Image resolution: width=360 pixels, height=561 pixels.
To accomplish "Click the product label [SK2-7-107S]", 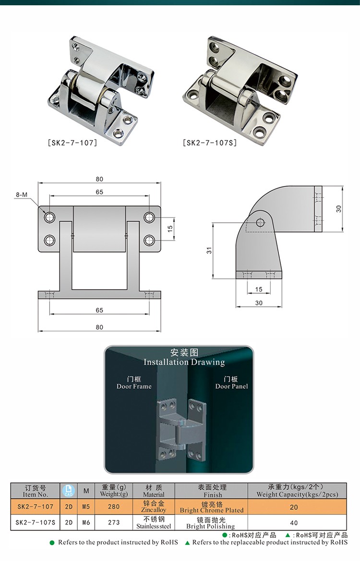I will point(210,143).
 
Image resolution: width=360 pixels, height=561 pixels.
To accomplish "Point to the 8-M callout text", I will point(22,195).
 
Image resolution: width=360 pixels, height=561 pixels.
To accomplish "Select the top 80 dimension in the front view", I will point(99,179).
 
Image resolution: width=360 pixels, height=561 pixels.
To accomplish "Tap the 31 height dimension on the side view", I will point(209,251).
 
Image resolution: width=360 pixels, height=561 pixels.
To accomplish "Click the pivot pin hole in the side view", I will point(260,222).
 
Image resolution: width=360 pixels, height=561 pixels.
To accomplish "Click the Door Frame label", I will point(134,383).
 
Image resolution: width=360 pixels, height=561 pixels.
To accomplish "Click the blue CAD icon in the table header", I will point(69,491).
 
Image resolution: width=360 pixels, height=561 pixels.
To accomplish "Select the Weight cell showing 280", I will point(114,507).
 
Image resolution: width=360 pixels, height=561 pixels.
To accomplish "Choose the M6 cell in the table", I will point(86,523).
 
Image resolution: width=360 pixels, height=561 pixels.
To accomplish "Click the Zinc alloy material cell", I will point(154,506).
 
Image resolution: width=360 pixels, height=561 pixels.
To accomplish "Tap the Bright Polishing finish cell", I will point(211,523).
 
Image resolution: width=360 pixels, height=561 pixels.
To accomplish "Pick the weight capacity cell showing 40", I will point(294,523).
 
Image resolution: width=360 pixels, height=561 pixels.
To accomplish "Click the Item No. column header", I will point(36,491).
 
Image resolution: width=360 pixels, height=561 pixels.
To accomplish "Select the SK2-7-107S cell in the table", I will point(36,523).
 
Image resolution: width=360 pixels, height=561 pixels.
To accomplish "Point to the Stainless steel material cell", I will point(154,523).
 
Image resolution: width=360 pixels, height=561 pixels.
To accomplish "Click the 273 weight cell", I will point(114,523).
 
